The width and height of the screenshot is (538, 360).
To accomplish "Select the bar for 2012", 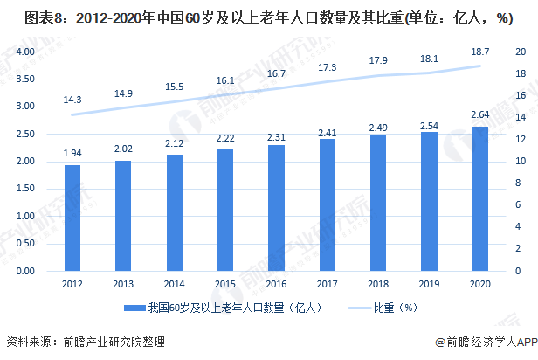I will tap(72, 218).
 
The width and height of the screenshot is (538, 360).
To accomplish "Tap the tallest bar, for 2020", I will tap(479, 199).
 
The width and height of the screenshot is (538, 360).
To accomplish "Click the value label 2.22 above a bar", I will tap(224, 140).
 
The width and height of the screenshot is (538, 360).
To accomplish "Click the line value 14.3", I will tap(72, 100).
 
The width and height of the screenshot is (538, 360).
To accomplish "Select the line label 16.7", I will tap(275, 74).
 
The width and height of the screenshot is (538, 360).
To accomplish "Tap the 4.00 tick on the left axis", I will tap(24, 52).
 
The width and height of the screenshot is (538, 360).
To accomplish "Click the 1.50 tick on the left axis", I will tap(24, 189).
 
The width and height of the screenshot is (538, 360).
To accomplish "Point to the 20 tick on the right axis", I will tap(520, 52).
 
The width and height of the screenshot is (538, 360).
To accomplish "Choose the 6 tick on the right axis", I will tap(518, 205).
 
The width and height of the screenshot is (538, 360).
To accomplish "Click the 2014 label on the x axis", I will tap(174, 284).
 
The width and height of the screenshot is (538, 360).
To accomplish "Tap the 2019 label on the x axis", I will tap(429, 284).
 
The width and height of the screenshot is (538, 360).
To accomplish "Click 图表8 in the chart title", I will tap(24, 18).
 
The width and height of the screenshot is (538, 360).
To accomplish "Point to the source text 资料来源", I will tap(28, 343).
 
